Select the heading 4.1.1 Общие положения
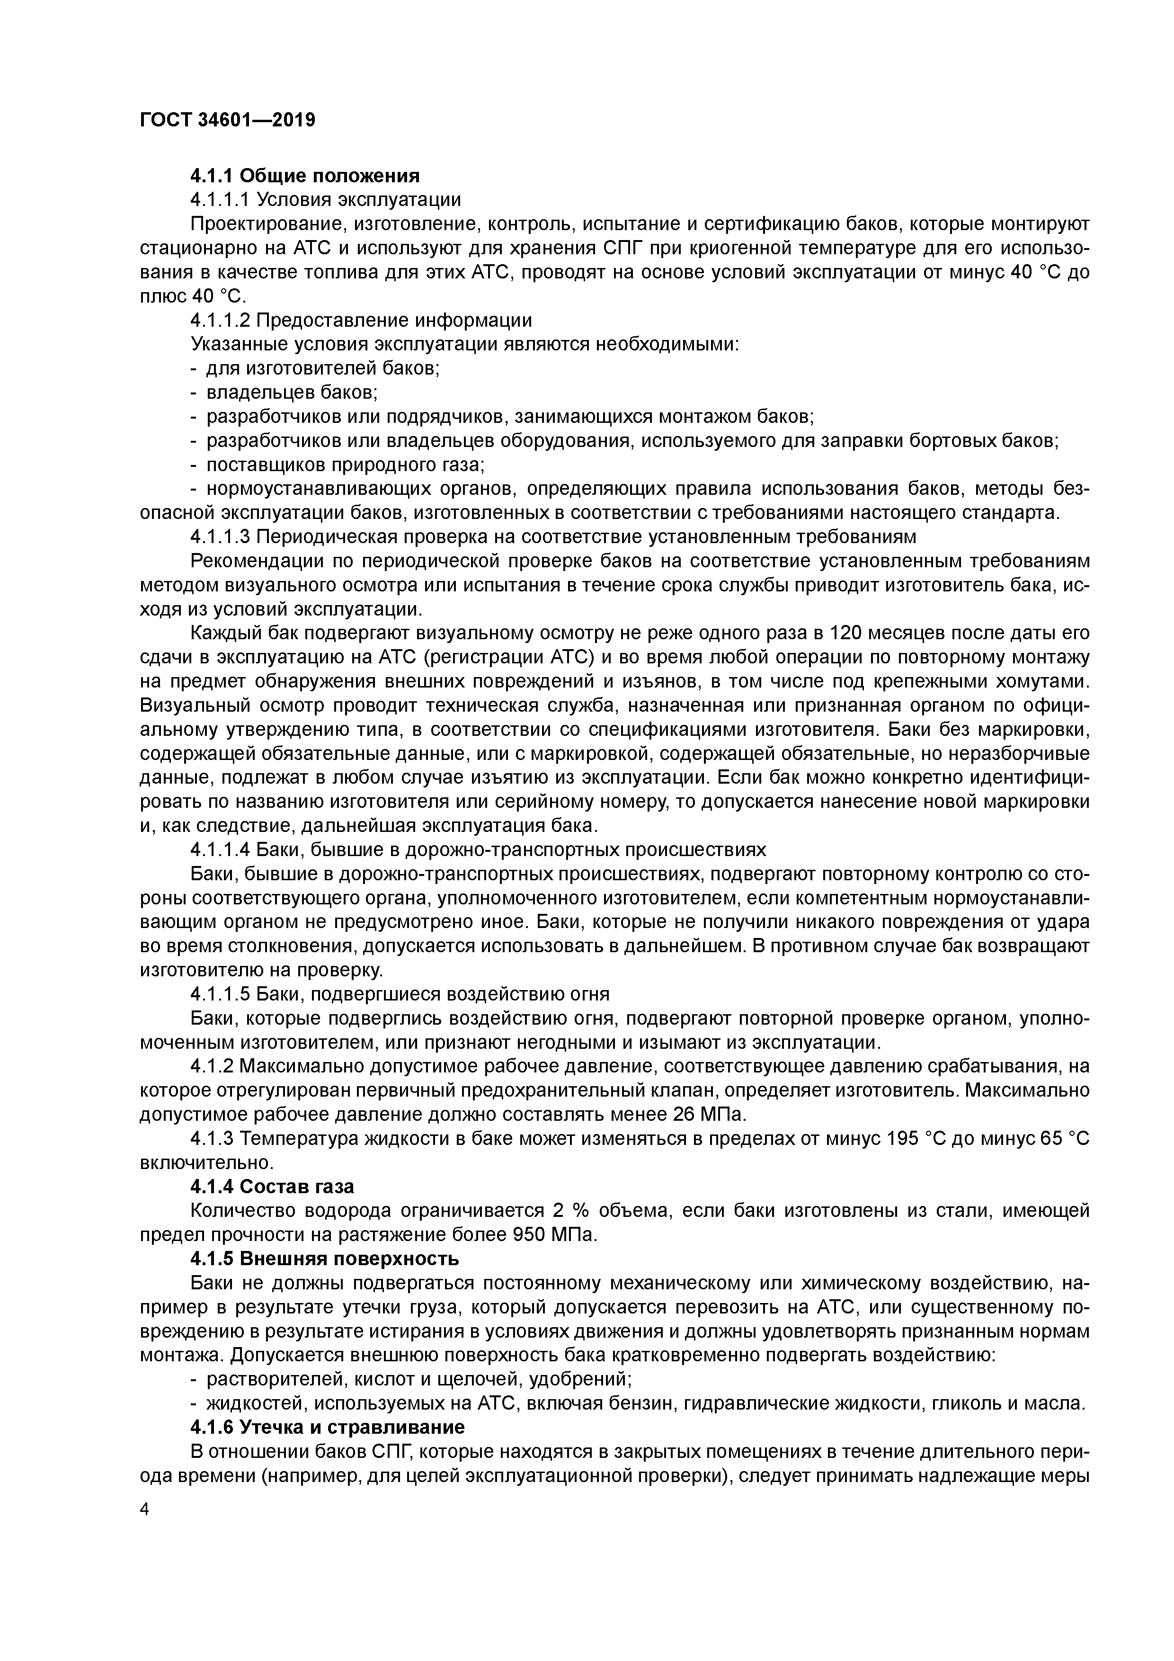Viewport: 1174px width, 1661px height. (x=304, y=176)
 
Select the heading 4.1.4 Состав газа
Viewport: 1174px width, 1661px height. (x=272, y=1187)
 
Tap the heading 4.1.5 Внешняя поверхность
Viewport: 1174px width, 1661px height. (x=324, y=1259)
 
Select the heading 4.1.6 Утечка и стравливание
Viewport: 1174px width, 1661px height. (x=327, y=1427)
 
